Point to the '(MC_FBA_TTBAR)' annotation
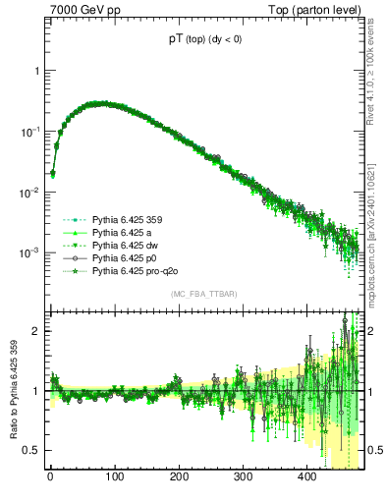click(x=204, y=295)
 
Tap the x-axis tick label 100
click(x=114, y=477)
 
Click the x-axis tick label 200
click(x=179, y=477)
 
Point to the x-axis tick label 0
click(x=50, y=477)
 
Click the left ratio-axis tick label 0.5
click(x=31, y=450)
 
